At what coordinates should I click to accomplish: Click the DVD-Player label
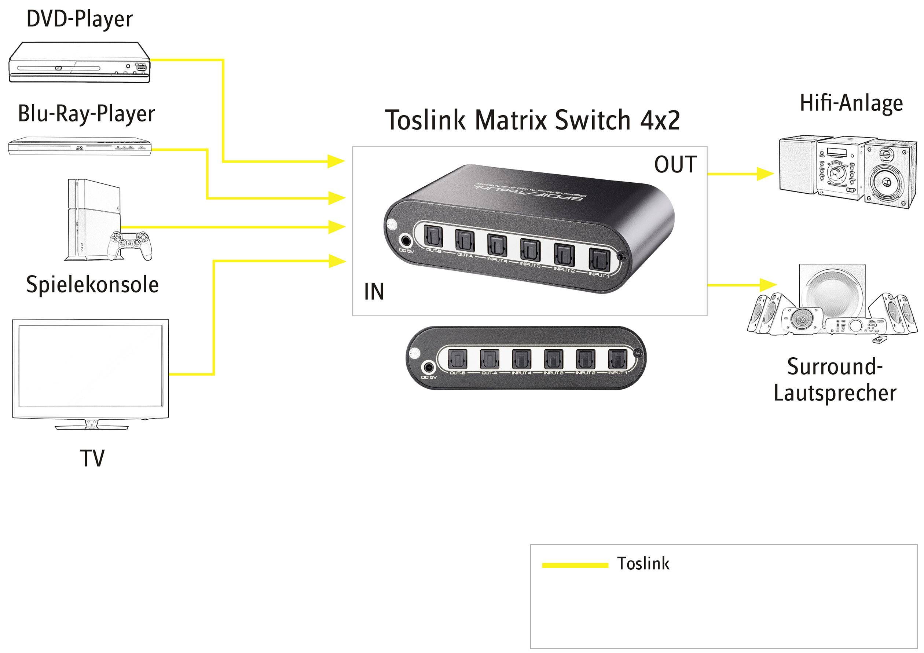point(79,19)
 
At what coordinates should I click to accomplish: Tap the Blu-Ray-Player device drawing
point(80,146)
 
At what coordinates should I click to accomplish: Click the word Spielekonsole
point(92,285)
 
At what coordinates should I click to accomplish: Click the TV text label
point(92,458)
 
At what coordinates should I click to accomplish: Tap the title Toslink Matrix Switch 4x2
point(532,120)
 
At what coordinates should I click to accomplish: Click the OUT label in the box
point(675,164)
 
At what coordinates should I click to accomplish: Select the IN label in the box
point(374,292)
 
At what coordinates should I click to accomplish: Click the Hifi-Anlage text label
point(851,103)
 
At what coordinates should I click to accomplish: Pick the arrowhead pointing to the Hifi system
point(765,174)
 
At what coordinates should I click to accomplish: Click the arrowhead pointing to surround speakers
point(768,285)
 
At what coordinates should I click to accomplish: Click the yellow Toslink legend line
point(575,565)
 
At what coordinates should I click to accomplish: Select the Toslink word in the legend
point(643,563)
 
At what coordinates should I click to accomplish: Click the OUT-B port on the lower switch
point(458,359)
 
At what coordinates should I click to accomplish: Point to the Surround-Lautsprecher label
point(835,379)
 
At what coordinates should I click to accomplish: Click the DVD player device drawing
point(79,63)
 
